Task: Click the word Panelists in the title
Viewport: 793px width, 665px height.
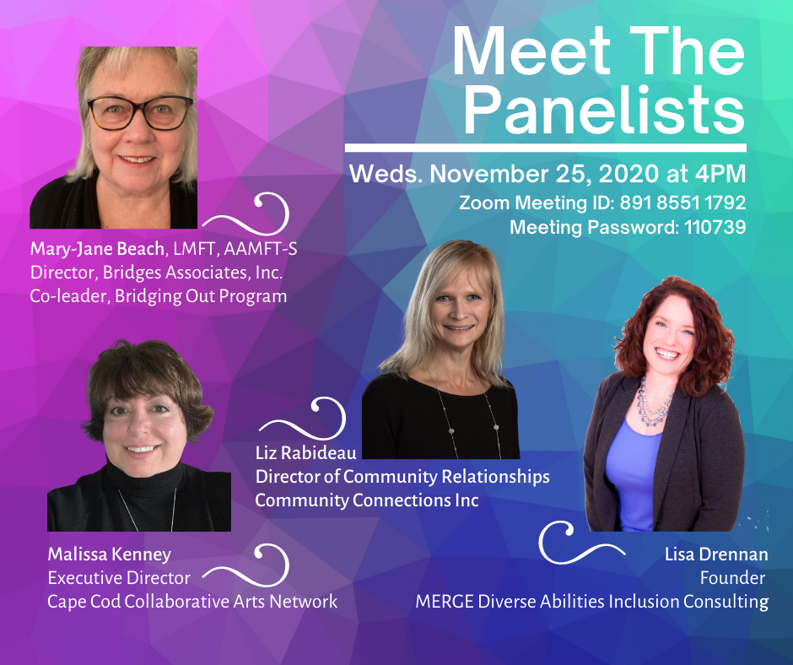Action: point(605,110)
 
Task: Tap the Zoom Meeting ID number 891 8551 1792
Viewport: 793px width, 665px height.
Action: point(682,203)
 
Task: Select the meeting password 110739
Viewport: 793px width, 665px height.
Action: point(715,227)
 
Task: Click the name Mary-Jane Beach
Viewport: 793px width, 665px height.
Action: point(97,249)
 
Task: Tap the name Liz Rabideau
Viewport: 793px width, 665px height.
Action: point(306,453)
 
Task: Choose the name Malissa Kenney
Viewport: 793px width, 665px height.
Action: point(109,554)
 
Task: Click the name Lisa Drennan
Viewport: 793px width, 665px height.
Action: point(716,554)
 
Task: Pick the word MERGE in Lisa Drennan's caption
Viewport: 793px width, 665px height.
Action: point(445,602)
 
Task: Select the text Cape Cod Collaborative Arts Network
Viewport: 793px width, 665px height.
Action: point(192,602)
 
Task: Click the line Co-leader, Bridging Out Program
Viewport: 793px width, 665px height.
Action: point(159,296)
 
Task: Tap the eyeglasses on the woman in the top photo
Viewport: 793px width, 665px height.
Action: point(139,112)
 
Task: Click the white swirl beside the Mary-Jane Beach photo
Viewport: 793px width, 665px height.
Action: point(246,214)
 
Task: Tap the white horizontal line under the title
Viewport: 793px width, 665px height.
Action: point(546,148)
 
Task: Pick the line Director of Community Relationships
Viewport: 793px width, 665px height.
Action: point(402,477)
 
